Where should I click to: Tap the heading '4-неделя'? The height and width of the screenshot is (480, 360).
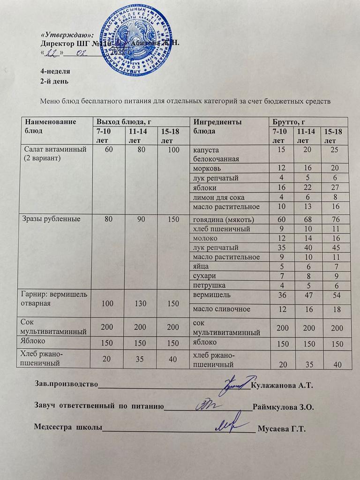pos(55,72)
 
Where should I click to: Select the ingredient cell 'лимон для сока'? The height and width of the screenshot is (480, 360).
pos(218,197)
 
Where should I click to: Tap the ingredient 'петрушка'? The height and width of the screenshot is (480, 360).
pos(206,285)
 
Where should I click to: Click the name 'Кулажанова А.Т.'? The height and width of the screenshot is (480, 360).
pos(282,385)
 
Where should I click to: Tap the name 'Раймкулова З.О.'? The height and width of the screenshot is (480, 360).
pos(283,407)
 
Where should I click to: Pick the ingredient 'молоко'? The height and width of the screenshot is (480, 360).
pos(205,238)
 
